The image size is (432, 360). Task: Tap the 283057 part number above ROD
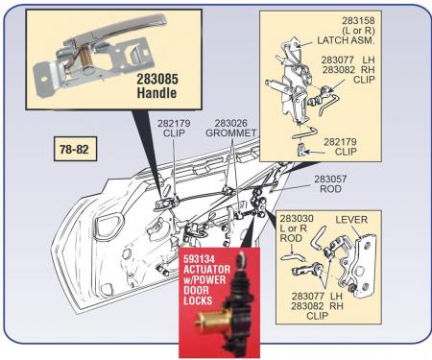click(x=334, y=180)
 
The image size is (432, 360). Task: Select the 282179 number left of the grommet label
click(x=172, y=123)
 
